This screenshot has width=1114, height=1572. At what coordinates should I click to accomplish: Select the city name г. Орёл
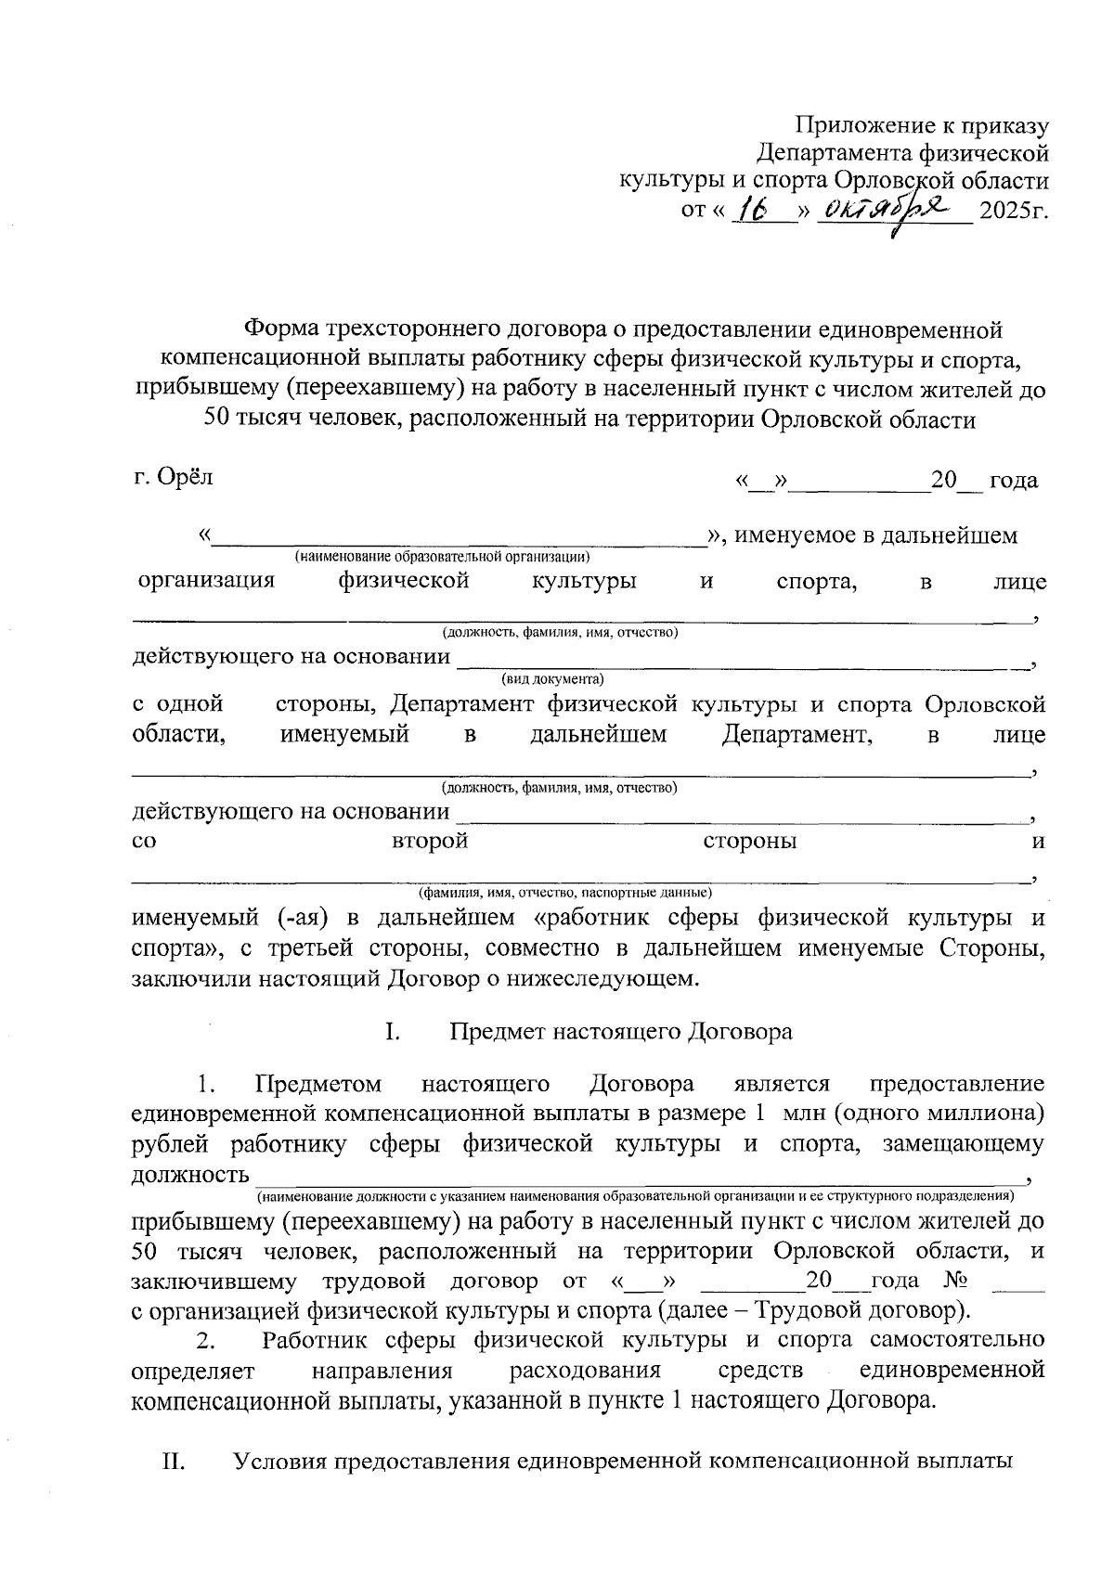(x=173, y=477)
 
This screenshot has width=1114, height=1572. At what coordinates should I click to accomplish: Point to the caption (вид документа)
(x=552, y=678)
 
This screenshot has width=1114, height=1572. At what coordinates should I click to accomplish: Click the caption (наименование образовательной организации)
(x=443, y=557)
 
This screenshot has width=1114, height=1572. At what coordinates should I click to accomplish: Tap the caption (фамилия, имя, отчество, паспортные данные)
(x=565, y=892)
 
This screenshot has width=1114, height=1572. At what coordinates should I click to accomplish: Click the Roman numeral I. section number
(x=392, y=1031)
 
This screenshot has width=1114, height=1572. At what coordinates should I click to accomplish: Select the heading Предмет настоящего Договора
(x=621, y=1031)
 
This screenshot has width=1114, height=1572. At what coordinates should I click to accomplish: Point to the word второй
(x=429, y=841)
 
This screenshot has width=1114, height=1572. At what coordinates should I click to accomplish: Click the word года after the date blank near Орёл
(x=1014, y=480)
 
